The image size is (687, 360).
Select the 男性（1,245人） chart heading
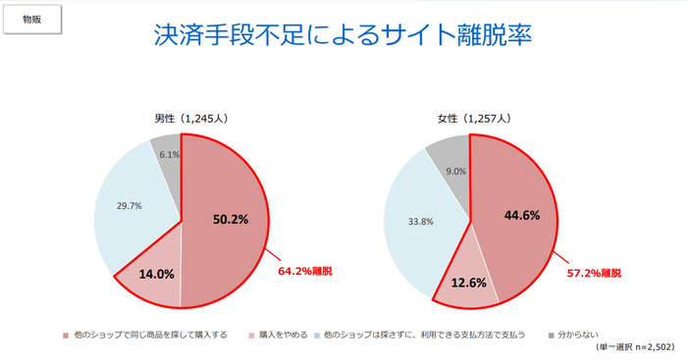180,119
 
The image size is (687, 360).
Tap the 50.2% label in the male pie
231,219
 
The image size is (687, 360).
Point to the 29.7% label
130,206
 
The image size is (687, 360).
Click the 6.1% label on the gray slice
169,154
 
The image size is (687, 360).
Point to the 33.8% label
421,222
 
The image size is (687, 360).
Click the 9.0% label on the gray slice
454,171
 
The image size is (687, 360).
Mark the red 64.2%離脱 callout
307,269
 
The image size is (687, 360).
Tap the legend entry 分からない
583,334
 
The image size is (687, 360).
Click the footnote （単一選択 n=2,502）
634,347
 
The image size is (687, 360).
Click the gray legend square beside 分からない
553,334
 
